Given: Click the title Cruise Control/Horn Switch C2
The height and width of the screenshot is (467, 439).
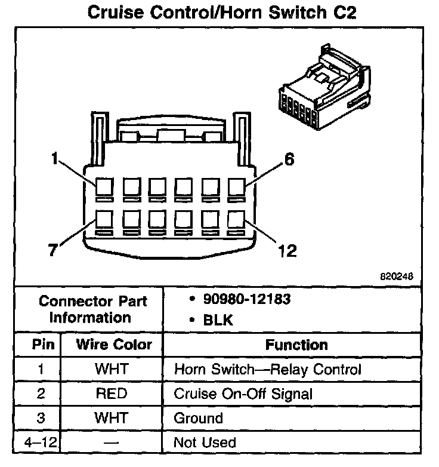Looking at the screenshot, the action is tap(221, 13).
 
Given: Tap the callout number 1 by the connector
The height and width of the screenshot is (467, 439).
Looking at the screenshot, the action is tap(55, 159).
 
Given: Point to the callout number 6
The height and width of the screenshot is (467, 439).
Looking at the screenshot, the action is tap(289, 160).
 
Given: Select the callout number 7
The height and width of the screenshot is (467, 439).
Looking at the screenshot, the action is tap(52, 250).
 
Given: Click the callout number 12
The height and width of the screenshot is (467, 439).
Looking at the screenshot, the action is tap(287, 250).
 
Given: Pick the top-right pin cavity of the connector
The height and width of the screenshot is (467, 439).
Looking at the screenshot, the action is tap(236, 188).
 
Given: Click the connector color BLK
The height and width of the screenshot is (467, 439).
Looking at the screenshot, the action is tap(218, 320).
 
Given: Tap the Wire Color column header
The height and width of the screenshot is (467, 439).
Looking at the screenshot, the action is tap(113, 345).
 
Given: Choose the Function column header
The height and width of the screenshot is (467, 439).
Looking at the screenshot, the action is tap(296, 345).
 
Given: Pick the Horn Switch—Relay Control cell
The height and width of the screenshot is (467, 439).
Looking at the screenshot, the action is tap(267, 370).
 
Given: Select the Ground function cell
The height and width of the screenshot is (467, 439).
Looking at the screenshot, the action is tap(198, 418).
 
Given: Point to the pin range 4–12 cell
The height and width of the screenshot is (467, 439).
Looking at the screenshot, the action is tap(40, 443).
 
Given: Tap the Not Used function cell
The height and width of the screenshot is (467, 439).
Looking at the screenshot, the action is tap(205, 443).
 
